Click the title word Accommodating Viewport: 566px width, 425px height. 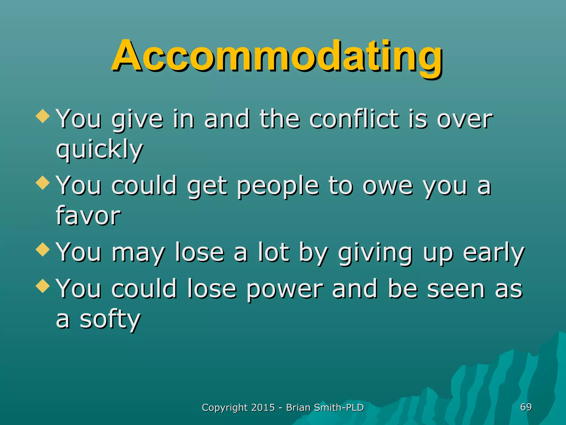pyautogui.click(x=277, y=57)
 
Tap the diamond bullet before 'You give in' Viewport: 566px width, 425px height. pyautogui.click(x=43, y=116)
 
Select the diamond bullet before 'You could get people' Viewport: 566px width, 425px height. pyautogui.click(x=43, y=183)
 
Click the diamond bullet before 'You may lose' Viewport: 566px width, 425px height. pyautogui.click(x=43, y=249)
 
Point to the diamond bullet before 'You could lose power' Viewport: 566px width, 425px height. pyautogui.click(x=43, y=286)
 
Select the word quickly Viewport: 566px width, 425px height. pyautogui.click(x=99, y=149)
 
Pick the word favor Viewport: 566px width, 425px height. pyautogui.click(x=88, y=216)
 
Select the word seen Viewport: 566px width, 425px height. pyautogui.click(x=456, y=289)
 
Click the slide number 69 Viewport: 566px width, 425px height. pyautogui.click(x=526, y=407)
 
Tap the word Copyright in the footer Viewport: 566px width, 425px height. pyautogui.click(x=225, y=408)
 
